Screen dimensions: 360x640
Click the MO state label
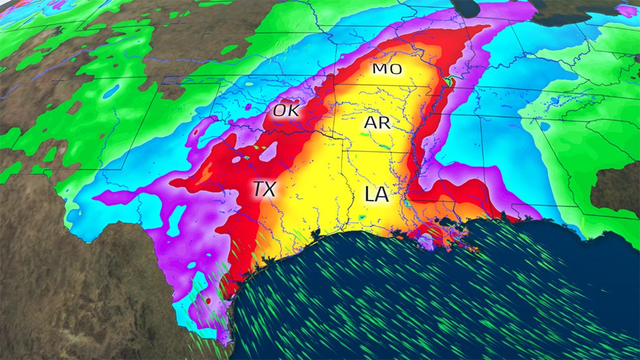coord(387,69)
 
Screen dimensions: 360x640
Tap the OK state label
coord(285,111)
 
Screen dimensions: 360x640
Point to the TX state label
coord(264,189)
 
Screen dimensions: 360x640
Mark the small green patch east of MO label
coord(447,82)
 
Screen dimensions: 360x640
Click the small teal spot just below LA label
coord(362,217)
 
